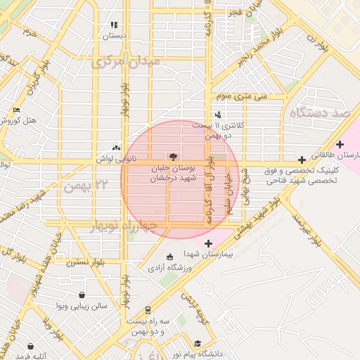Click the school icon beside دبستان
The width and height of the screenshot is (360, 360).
pos(114,25)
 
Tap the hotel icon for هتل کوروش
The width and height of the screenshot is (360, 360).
pos(17,110)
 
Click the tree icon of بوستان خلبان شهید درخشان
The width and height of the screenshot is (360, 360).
pos(172,156)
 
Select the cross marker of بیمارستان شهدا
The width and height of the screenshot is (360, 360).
pos(207,243)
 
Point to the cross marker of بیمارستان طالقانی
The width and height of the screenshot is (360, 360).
pos(340,143)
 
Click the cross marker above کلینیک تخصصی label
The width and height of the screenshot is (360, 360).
pos(302,160)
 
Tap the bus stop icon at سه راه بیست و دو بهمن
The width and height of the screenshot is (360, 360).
pos(148,310)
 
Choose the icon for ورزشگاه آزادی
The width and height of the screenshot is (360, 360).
pos(169,257)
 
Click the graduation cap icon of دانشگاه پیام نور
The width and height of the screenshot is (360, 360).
pos(198,344)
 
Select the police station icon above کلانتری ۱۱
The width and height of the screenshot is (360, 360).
pos(218,114)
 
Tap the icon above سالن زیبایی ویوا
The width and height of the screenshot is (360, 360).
pos(82,295)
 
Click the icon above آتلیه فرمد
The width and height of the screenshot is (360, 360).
pos(31,346)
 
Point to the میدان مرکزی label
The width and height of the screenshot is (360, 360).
pos(126,62)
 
